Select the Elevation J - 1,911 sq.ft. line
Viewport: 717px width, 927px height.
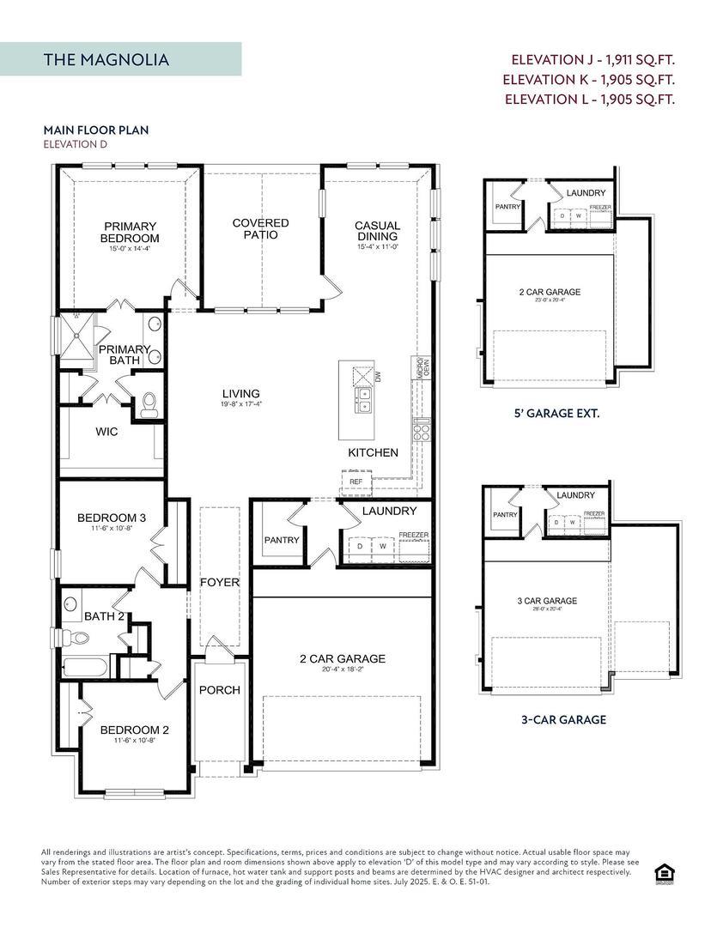point(592,60)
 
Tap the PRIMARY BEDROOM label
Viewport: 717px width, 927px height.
point(130,232)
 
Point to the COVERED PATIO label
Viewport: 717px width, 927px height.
point(260,228)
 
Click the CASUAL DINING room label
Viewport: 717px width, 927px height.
point(377,232)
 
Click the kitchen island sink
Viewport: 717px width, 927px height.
point(364,400)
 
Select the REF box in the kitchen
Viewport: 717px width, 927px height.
point(355,482)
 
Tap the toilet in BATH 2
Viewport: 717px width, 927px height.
point(79,638)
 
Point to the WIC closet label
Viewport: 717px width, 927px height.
point(106,432)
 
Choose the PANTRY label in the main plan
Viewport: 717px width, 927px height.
point(282,540)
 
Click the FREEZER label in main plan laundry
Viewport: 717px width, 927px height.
point(413,536)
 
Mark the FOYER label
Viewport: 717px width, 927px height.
point(220,583)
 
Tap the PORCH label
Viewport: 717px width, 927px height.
point(219,690)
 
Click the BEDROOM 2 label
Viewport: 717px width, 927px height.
point(135,730)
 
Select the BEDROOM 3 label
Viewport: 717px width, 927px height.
point(112,518)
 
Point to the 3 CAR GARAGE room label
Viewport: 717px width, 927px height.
point(547,601)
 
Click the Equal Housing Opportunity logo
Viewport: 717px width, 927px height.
point(663,874)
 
